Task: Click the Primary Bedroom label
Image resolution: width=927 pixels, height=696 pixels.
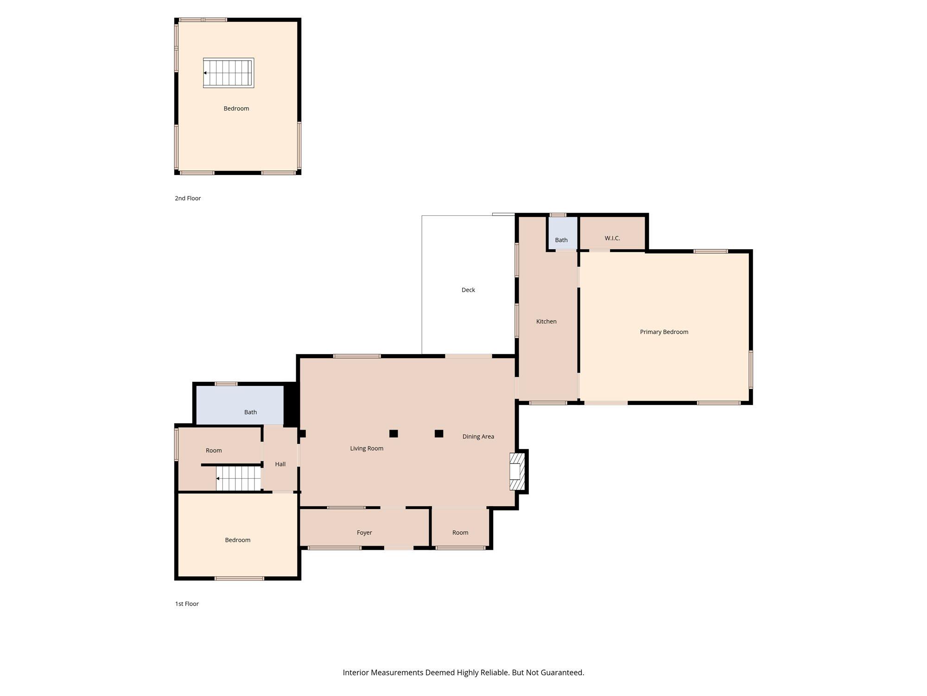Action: pos(664,332)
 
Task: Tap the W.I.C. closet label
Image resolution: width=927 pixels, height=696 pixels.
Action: pos(612,238)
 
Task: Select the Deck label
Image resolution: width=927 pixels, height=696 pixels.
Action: pos(468,290)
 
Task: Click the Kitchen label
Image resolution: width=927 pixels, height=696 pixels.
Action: pos(546,321)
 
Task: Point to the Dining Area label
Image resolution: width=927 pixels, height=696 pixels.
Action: pos(478,437)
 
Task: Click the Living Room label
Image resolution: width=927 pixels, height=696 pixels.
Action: pos(367,448)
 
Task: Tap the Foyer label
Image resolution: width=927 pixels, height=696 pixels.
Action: pos(364,533)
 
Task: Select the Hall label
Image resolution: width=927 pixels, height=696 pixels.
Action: pos(280,464)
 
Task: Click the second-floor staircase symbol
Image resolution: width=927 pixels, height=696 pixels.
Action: pos(229,73)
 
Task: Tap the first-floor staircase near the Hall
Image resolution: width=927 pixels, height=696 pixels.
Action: pos(238,478)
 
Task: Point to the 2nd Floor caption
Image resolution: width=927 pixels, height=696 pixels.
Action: pos(188,198)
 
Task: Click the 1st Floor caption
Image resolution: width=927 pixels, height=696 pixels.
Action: pos(187,604)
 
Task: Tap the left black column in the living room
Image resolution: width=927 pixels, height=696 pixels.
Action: pos(394,434)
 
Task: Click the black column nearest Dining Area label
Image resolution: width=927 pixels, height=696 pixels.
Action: pos(439,434)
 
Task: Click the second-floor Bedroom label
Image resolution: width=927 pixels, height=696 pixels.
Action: pos(236,109)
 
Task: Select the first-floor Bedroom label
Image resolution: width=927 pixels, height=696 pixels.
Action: pos(238,540)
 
